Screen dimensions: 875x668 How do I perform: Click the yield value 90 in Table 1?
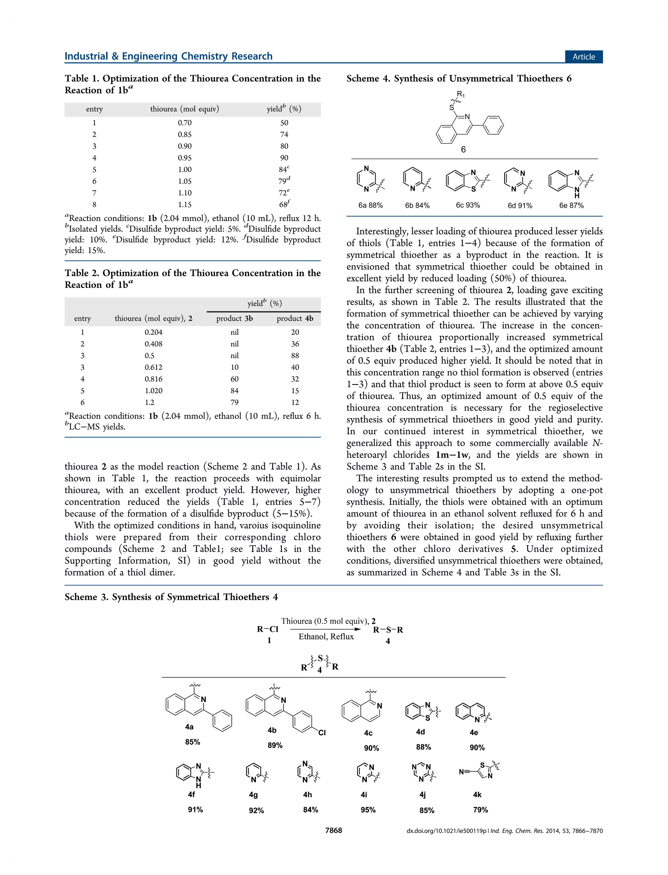coord(284,158)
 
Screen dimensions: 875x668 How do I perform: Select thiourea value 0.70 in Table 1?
coord(185,122)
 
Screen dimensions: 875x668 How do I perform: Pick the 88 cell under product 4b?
coord(295,355)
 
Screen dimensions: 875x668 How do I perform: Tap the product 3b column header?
coord(234,318)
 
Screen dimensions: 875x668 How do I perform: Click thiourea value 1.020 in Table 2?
coord(154,390)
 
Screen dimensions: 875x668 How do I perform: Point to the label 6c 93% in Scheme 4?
coord(468,205)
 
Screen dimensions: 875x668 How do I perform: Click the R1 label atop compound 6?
coord(461,94)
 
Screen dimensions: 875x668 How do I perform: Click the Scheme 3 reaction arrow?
coord(325,629)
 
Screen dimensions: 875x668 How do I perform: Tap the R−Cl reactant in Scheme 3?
coord(267,629)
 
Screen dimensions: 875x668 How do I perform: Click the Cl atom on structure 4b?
coord(322,733)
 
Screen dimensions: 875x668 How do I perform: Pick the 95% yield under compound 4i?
coord(368,810)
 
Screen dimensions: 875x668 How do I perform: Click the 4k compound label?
coord(477,795)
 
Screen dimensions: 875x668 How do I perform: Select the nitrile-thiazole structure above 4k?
coord(479,771)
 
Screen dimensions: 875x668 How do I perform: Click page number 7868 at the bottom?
coord(333,831)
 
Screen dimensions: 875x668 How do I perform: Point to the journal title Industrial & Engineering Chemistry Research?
coord(169,56)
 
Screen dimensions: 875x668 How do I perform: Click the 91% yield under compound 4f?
coord(195,810)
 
